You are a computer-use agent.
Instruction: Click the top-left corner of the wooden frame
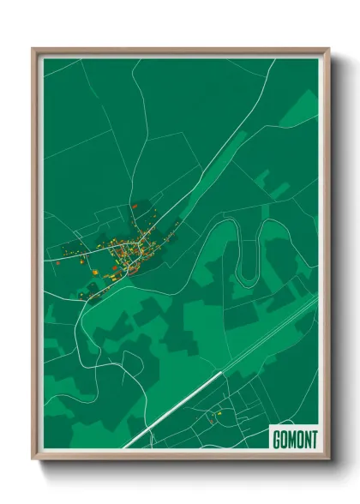coord(33,49)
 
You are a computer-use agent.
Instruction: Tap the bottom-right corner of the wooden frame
coord(329,459)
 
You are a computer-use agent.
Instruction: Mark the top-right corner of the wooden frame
coord(329,49)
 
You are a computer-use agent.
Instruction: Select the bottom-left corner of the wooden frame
coord(33,459)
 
